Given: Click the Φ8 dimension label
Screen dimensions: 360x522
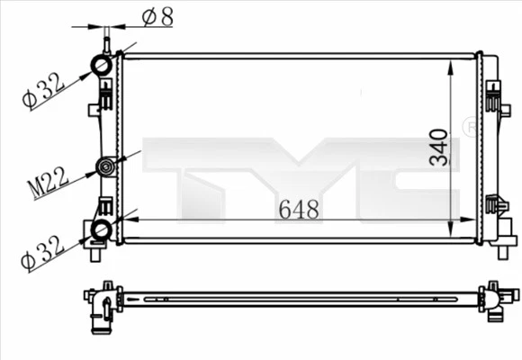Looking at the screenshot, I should click(x=156, y=15).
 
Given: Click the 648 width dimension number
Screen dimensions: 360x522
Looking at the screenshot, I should click(x=299, y=210).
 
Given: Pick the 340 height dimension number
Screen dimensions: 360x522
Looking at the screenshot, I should click(x=438, y=147).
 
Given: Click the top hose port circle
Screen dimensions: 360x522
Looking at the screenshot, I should click(x=101, y=66).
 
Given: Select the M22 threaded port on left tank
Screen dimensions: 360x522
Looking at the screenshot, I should click(x=106, y=166).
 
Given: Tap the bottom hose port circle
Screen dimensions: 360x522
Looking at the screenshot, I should click(x=101, y=230).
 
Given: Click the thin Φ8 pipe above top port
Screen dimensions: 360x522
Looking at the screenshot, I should click(x=106, y=41).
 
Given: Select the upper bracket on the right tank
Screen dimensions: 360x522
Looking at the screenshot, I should click(x=493, y=94).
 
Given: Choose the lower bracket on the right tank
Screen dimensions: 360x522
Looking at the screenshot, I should click(x=493, y=205).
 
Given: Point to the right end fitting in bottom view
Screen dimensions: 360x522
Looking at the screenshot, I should click(x=496, y=300).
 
